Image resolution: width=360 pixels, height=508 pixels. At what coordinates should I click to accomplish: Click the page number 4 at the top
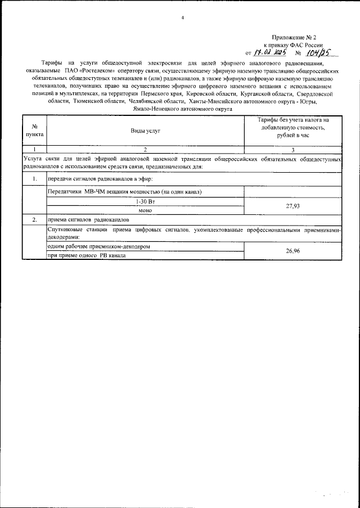point(182,18)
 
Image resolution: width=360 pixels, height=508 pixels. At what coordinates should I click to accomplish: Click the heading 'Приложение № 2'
point(296,37)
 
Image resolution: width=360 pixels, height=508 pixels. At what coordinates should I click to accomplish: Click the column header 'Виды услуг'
point(145,130)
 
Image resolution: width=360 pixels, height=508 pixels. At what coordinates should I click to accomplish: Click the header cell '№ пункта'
point(35,130)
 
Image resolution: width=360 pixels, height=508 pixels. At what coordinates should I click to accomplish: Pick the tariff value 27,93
point(292,206)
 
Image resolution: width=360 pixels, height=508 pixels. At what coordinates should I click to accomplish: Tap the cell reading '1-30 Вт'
point(145,201)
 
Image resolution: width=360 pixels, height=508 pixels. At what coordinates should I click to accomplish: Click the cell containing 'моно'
point(145,210)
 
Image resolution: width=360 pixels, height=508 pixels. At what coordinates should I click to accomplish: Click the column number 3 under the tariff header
point(292,149)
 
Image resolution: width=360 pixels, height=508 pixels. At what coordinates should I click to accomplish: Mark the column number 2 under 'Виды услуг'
point(145,149)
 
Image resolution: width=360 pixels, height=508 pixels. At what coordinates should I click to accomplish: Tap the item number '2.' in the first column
point(35,219)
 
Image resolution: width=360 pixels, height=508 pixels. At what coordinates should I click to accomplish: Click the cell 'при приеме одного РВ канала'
point(87,255)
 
